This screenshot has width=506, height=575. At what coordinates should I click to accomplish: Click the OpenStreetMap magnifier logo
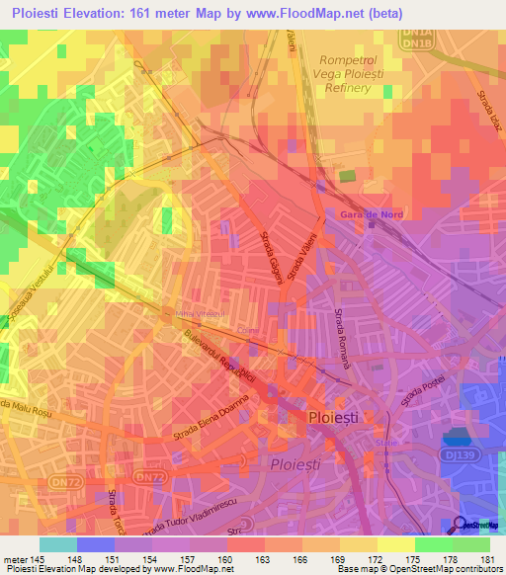tap(461, 525)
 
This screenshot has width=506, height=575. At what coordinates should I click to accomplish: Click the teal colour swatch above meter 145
tap(58, 544)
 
